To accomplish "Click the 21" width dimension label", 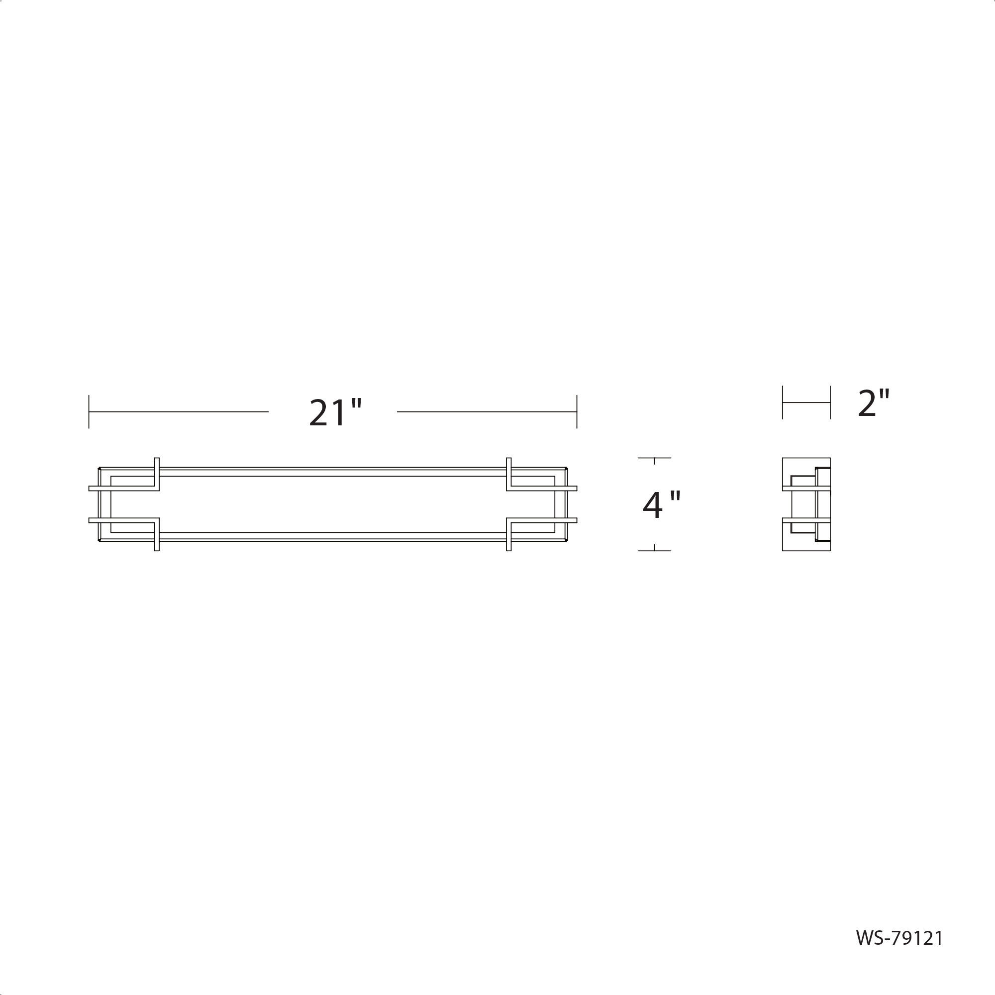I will (335, 412).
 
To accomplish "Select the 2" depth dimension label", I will (874, 403).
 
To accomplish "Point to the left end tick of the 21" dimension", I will (89, 411).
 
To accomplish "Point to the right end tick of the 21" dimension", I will (577, 411).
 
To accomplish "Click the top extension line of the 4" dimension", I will (654, 457).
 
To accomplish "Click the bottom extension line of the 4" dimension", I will (654, 551).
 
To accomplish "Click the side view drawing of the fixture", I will (806, 504).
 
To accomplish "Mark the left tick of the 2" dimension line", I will (782, 403).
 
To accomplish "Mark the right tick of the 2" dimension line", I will (830, 403).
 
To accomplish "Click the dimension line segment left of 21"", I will (179, 411).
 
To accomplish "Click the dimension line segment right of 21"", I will (487, 411).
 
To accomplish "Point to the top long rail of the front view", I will (332, 468).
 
